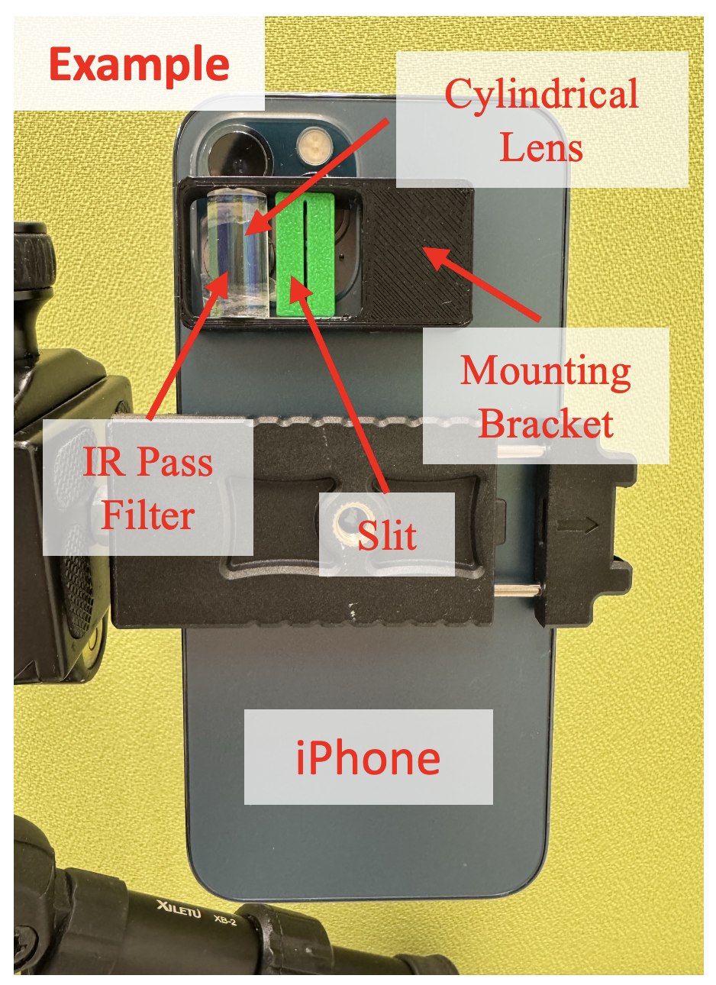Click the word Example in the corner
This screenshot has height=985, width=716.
click(x=139, y=65)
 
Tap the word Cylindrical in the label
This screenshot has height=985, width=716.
click(x=541, y=94)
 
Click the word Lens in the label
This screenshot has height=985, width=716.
click(x=541, y=147)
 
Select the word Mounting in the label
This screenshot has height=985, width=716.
click(x=546, y=373)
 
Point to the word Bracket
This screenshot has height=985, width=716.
click(x=546, y=424)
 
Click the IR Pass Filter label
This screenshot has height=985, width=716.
click(x=148, y=488)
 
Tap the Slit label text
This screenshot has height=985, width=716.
click(x=387, y=535)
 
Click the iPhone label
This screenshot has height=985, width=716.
click(x=368, y=757)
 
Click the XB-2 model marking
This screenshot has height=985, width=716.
click(x=225, y=920)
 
